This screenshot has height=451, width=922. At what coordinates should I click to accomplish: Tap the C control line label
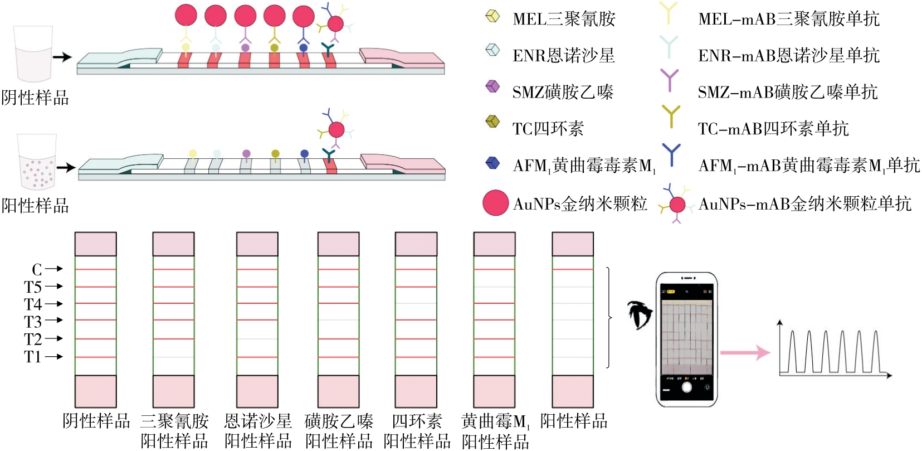(37, 270)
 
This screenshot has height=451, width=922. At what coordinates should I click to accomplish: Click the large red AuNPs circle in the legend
(495, 203)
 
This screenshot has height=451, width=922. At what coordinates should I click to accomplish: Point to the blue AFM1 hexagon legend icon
(492, 163)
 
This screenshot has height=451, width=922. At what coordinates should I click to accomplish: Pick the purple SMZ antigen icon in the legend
(492, 86)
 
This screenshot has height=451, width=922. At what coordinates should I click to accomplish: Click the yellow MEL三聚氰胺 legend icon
(492, 16)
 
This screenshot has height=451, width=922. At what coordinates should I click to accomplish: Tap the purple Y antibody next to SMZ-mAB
(669, 80)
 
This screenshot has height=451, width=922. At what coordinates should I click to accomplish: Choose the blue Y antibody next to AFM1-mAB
(671, 154)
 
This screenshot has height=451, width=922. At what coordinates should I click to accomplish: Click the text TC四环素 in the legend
(548, 129)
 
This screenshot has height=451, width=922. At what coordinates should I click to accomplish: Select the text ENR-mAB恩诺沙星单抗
(788, 55)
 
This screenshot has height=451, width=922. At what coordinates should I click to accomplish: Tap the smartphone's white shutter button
(686, 387)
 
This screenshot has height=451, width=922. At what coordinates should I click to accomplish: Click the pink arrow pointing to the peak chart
(745, 352)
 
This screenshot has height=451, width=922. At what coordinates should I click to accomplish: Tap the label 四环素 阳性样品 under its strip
(417, 431)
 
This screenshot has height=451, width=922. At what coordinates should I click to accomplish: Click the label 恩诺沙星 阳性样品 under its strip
(258, 431)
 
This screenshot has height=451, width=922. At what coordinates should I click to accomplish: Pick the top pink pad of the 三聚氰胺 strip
(173, 244)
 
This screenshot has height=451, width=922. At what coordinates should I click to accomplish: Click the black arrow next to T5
(53, 287)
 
